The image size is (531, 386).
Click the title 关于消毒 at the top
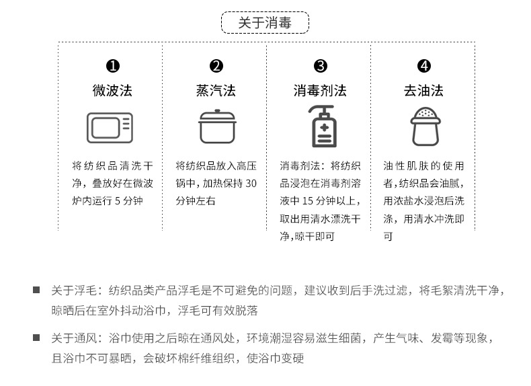coord(265,23)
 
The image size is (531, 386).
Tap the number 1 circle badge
coord(113,66)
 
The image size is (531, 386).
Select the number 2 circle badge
coord(216,66)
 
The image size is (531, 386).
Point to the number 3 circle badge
coord(321,66)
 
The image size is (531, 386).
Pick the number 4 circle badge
coord(424,66)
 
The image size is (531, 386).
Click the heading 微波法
coord(112,91)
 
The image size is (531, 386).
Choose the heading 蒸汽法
coord(216,91)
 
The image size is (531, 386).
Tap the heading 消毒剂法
coord(320,91)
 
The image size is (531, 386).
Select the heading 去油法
coord(423,91)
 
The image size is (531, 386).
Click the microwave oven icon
coord(110,128)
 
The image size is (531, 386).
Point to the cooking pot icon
coord(217,126)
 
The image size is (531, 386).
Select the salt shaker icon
coord(425,126)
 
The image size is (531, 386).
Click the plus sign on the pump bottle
coord(325,128)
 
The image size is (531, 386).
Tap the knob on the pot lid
coord(217,111)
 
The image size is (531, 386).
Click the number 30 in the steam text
coord(251,184)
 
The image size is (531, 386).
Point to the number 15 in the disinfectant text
coord(307,201)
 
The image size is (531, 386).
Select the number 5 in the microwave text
coord(117,201)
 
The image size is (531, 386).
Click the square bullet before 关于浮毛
coord(36,290)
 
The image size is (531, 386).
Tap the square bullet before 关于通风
coord(36,338)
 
